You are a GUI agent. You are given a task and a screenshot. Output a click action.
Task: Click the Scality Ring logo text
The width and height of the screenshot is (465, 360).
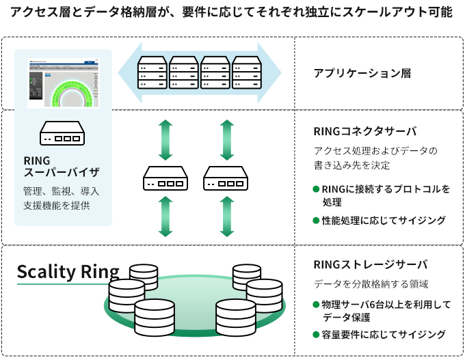coord(68,271)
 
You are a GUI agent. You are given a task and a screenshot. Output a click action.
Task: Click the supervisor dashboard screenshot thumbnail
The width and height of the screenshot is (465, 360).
coord(63,85)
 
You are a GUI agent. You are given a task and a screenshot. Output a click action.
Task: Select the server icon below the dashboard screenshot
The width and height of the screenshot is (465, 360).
coord(62,133)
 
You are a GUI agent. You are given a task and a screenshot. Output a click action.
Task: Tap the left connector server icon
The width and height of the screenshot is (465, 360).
coord(165,179)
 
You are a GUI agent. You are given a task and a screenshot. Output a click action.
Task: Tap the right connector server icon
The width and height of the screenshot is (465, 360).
coord(224,179)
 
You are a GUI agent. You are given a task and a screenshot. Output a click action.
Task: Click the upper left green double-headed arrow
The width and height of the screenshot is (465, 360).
coord(165,140)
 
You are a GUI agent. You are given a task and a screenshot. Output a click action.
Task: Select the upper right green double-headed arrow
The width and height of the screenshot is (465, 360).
coord(224,140)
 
